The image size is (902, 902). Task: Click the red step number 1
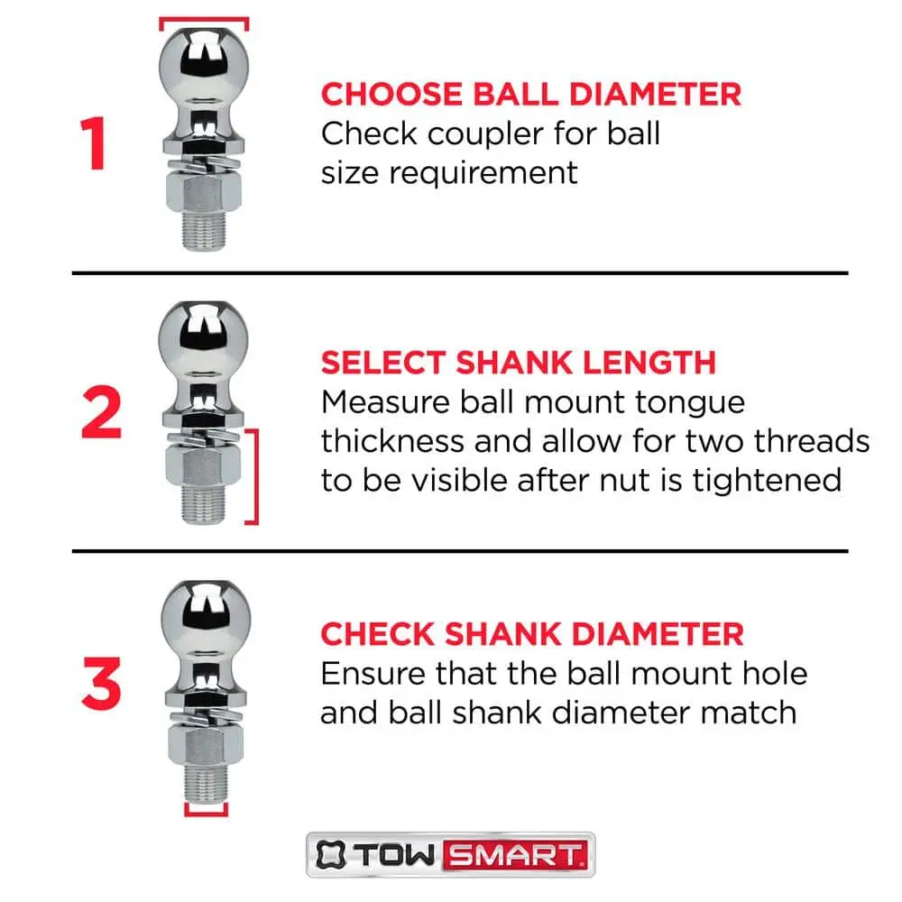[x=94, y=143]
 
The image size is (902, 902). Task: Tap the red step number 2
[x=102, y=412]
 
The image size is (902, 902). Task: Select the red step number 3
[x=102, y=683]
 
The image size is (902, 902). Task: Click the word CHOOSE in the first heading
[x=391, y=95]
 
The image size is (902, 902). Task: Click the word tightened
[x=766, y=480]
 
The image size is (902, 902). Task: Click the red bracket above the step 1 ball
[x=204, y=20]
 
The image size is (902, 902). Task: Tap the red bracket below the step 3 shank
[x=206, y=813]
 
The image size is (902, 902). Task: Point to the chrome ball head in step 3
[x=206, y=615]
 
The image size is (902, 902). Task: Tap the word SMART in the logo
[x=515, y=855]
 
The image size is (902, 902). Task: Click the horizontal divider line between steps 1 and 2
[x=460, y=272]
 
